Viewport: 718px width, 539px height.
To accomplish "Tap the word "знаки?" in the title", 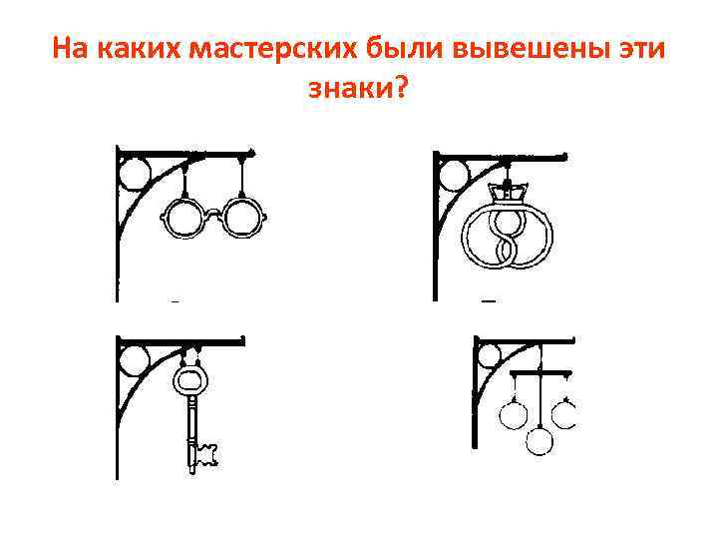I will pos(358,90).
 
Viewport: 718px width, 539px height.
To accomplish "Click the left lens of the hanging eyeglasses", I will pos(181,219).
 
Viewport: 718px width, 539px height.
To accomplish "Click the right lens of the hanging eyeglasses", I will pos(241,219).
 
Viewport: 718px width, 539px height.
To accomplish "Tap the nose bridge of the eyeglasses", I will pos(211,211).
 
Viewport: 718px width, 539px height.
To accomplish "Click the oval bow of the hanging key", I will pos(189,380).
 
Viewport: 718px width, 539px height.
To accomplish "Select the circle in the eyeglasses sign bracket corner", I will pos(135,175).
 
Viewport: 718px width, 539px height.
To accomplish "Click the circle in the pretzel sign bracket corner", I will pos(452,177).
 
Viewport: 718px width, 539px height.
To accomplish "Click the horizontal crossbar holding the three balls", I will pos(539,373).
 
